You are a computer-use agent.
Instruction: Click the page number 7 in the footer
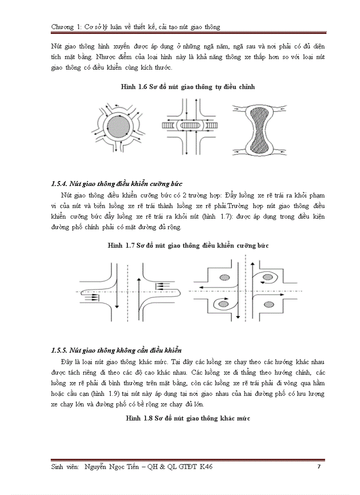point(319,467)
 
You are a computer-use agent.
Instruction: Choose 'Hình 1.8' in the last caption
point(138,418)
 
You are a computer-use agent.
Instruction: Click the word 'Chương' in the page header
point(62,27)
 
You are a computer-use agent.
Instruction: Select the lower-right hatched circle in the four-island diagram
point(268,304)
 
